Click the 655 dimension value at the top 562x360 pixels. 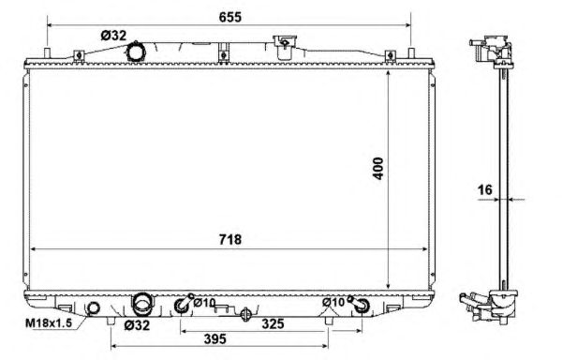tap(230, 17)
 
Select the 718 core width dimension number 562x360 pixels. tap(230, 239)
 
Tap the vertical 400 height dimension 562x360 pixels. tap(378, 168)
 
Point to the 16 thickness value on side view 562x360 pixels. tap(485, 189)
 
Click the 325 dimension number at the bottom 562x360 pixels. tap(274, 323)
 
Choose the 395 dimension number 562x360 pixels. tap(215, 338)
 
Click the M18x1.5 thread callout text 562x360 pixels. tap(49, 323)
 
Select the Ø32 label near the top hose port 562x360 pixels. tap(113, 36)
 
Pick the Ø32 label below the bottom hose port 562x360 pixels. tap(137, 325)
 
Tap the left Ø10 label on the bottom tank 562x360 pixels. tap(204, 304)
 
